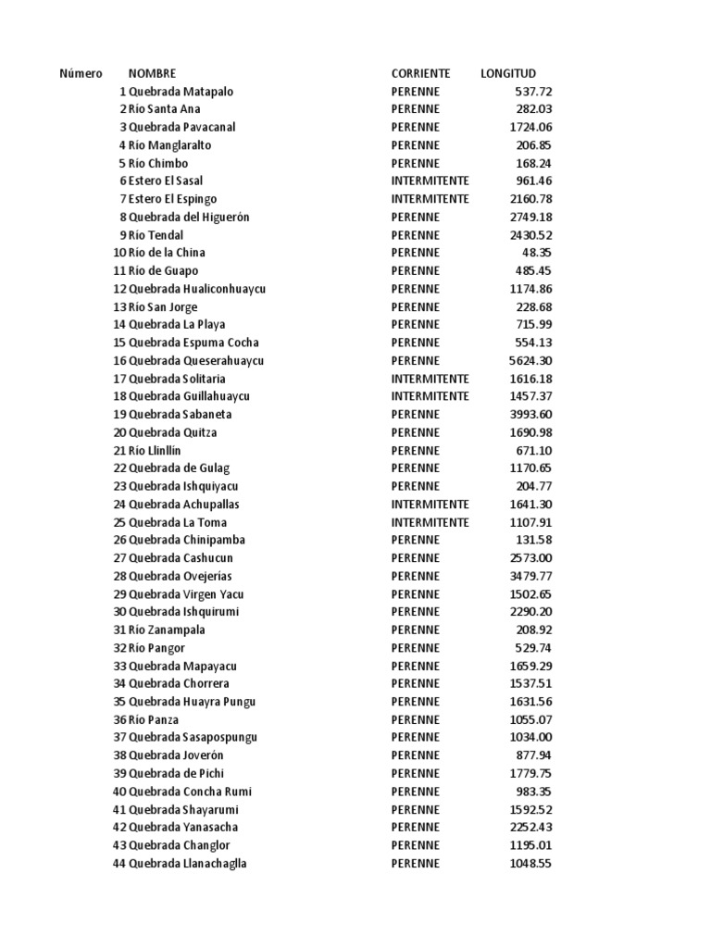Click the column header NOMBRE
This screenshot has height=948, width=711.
click(x=152, y=73)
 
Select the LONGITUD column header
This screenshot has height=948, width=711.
click(x=508, y=73)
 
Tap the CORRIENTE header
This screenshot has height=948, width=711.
click(x=420, y=73)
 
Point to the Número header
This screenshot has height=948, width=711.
click(x=81, y=73)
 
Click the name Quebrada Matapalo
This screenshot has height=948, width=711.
click(x=181, y=92)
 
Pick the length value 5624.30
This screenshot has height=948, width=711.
click(x=531, y=360)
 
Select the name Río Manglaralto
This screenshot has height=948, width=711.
click(x=170, y=145)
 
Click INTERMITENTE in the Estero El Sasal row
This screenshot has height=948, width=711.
click(x=430, y=181)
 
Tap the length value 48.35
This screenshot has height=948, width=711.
click(x=537, y=253)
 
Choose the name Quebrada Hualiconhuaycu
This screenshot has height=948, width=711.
click(x=197, y=289)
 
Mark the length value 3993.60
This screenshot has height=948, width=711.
click(x=531, y=414)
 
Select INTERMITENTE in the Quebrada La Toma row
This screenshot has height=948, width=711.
click(x=430, y=522)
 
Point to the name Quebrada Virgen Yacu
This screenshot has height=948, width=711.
click(x=186, y=594)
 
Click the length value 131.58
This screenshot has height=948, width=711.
click(x=534, y=540)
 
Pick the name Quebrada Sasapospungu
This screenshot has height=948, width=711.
click(x=193, y=737)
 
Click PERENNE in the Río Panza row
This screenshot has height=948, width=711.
click(x=416, y=719)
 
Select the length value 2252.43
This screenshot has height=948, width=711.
click(x=531, y=827)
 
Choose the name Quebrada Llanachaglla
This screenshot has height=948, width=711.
click(x=188, y=863)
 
